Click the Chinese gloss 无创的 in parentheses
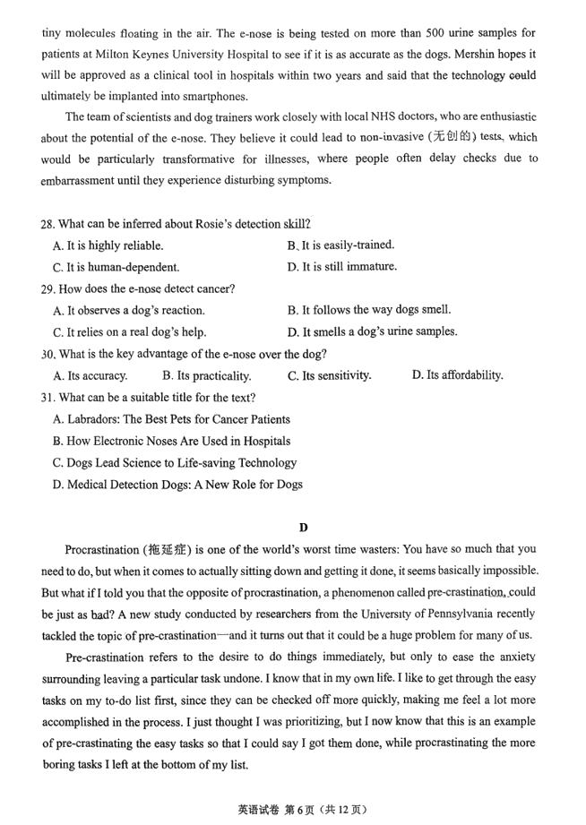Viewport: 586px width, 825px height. tap(452, 137)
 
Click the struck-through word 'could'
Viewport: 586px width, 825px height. tap(522, 76)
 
